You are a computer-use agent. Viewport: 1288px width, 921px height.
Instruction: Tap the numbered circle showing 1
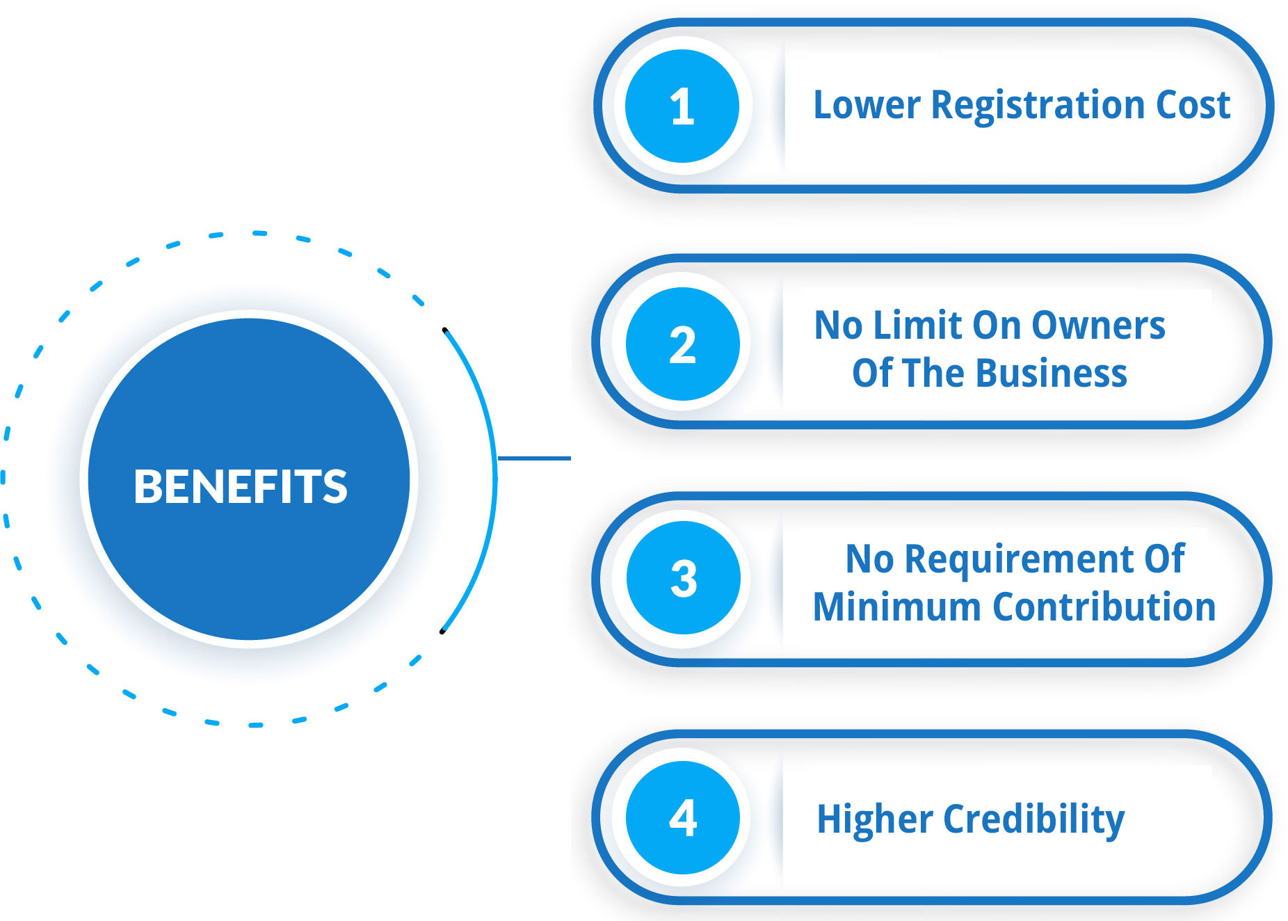[x=682, y=106]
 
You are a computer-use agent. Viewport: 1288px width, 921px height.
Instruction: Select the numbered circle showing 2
[x=682, y=344]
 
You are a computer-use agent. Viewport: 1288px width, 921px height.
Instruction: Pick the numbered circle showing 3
[x=683, y=577]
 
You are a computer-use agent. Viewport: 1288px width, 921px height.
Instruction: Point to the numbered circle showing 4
[x=682, y=817]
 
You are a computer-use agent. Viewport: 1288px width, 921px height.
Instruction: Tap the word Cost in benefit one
[x=1193, y=105]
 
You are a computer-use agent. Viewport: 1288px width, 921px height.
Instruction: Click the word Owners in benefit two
[x=1098, y=326]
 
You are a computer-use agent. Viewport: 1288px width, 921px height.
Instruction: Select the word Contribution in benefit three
[x=1104, y=607]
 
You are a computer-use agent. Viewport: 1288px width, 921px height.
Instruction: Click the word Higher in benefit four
[x=875, y=820]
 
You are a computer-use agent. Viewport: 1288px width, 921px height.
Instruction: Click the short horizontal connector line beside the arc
[x=534, y=458]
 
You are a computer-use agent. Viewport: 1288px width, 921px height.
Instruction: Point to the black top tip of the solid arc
[x=444, y=330]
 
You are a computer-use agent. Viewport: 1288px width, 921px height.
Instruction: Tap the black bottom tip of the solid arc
[x=442, y=632]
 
